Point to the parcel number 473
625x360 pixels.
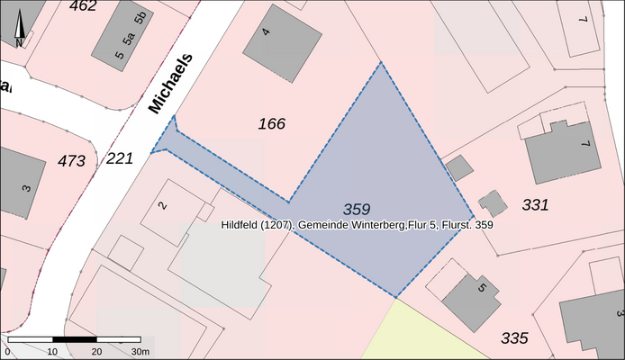pos(71,161)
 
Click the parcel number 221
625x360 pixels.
pos(119,158)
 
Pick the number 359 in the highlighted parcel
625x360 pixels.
pos(357,209)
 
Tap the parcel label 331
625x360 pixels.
pos(535,205)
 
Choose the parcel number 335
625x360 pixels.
pos(514,338)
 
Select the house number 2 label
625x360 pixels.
pos(162,206)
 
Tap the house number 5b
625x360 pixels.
pos(140,18)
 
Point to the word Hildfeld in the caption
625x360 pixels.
pos(241,223)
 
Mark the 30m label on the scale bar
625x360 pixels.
pos(140,351)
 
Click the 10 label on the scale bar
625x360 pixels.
pos(52,351)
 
